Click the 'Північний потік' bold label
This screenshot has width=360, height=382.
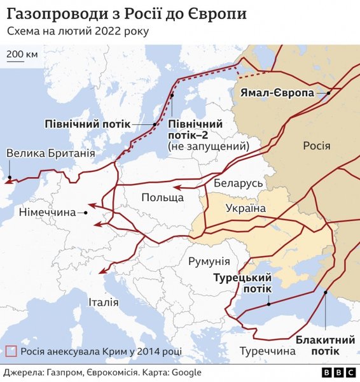pyautogui.click(x=87, y=124)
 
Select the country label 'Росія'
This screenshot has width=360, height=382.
pyautogui.click(x=316, y=146)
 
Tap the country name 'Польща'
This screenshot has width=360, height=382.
pyautogui.click(x=162, y=197)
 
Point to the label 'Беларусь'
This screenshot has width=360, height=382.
pyautogui.click(x=239, y=183)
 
